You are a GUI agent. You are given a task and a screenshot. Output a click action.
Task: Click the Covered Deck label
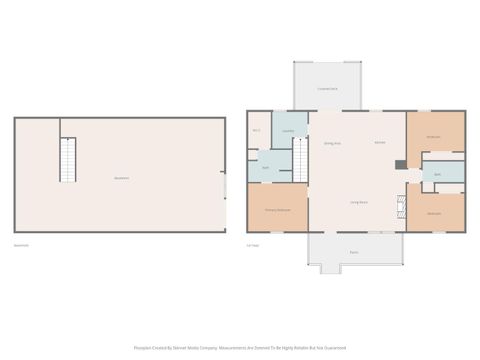pos(327,89)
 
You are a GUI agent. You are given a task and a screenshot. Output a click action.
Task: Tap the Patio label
pos(354,251)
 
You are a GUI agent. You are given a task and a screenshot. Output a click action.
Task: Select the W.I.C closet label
pos(257,131)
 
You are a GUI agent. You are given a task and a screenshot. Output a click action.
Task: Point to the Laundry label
pos(287,131)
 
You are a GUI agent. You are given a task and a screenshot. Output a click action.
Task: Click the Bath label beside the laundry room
pos(266,167)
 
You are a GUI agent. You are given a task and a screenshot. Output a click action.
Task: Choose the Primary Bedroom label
pos(277,210)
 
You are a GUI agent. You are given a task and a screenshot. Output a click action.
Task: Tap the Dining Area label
pos(332,143)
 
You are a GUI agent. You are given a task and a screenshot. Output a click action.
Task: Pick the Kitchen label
pos(380,143)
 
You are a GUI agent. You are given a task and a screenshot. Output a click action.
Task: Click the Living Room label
pos(358,202)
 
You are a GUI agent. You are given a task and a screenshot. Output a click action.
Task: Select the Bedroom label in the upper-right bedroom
pos(434,136)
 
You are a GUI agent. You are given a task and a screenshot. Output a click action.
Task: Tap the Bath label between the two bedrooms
pos(438,174)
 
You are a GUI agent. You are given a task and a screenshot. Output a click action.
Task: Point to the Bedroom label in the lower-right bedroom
pos(434,214)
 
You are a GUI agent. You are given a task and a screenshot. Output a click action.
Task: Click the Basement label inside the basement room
pos(121,178)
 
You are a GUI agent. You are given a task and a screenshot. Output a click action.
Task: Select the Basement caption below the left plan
pos(21,245)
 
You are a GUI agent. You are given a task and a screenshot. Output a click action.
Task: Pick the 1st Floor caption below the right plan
pos(254,245)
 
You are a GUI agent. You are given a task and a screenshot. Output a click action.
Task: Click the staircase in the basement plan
pos(68,160)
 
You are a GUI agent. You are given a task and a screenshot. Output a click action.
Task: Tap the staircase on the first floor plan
pos(298,159)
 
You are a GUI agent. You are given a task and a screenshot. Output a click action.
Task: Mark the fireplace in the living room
pos(400,206)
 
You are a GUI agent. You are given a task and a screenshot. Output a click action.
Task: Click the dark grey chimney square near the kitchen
pos(400,163)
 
